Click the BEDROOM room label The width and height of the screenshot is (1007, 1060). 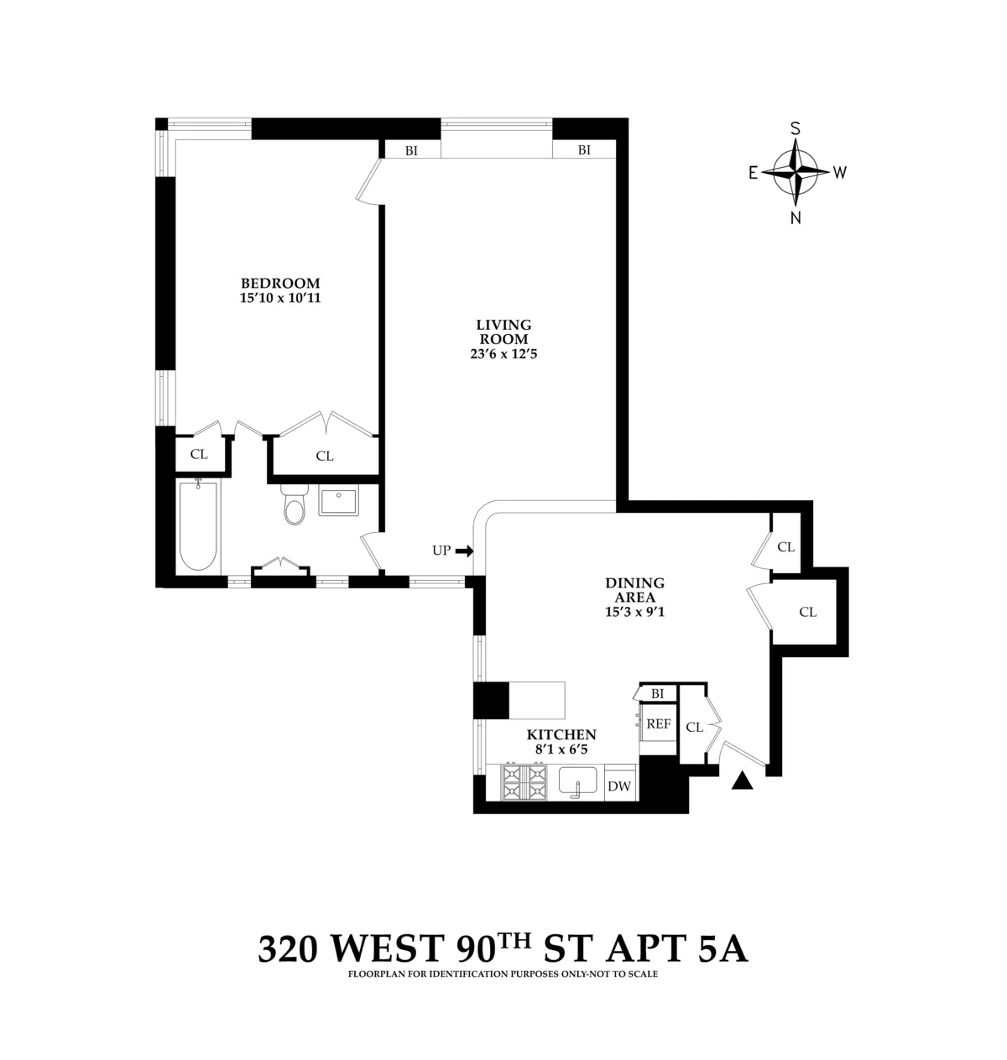pos(280,283)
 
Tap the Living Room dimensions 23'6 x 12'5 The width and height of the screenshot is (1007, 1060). pos(503,353)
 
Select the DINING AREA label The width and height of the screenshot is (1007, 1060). pos(634,589)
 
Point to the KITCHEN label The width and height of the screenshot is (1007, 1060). pos(561,734)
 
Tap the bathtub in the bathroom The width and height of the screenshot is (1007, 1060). pos(200,525)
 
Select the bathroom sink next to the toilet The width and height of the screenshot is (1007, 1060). pos(339,502)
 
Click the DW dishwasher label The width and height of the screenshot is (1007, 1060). pos(619,786)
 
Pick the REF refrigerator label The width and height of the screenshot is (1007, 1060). pos(658,723)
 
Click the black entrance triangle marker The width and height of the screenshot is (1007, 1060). pos(741,781)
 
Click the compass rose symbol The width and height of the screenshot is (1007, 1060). pos(796,173)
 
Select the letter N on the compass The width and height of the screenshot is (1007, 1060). pos(796,218)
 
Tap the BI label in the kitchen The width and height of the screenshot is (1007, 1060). pos(658,693)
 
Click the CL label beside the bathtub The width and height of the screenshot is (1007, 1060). pos(199,454)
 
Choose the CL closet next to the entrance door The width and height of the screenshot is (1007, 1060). pos(694,727)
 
